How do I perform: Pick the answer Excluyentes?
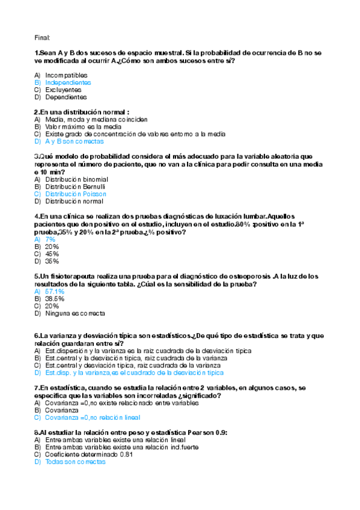coord(63,90)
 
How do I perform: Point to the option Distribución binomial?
coord(76,179)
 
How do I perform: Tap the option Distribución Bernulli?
coord(76,187)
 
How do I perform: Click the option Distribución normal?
coord(74,201)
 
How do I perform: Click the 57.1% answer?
coord(54,292)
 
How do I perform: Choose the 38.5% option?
coord(54,299)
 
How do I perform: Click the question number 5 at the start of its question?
coord(37,277)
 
